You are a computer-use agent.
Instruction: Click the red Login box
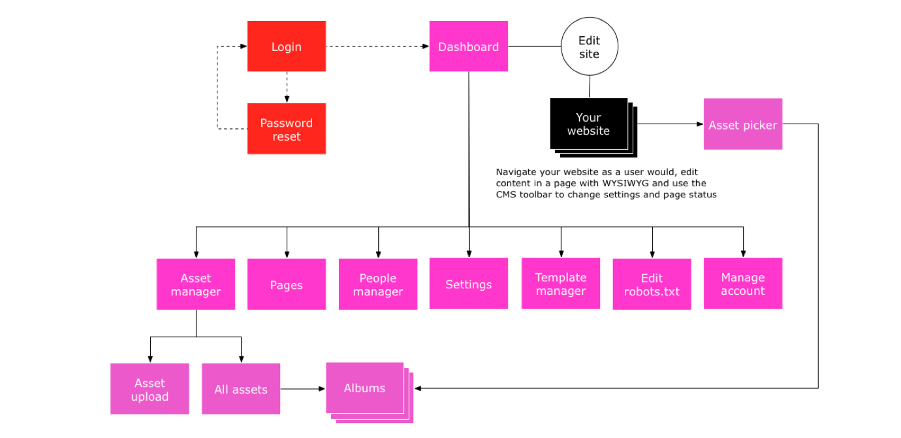[x=286, y=46]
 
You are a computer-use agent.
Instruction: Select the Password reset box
[x=286, y=129]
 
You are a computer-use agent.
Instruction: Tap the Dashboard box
[x=468, y=46]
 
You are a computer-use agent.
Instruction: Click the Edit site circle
[x=589, y=47]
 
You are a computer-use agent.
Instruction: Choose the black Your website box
[x=588, y=124]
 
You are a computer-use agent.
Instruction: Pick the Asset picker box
[x=742, y=124]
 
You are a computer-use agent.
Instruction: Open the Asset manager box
[x=195, y=284]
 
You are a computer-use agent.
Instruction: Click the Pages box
[x=286, y=284]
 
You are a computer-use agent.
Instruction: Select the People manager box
[x=377, y=284]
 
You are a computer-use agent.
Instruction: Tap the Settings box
[x=468, y=284]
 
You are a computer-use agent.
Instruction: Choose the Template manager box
[x=560, y=284]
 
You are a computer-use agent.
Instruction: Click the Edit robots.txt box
[x=652, y=284]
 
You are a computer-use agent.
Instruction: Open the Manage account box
[x=742, y=284]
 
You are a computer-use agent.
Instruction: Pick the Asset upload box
[x=150, y=389]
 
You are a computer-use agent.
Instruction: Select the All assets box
[x=241, y=389]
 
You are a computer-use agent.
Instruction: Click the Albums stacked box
[x=365, y=388]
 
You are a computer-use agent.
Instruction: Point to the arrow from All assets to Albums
[x=303, y=389]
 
